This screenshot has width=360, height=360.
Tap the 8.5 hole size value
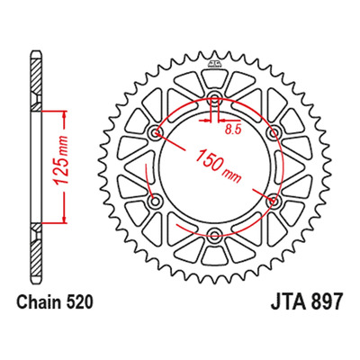point(233,130)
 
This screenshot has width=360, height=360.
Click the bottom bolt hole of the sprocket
point(214,235)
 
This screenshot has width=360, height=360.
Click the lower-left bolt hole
point(156,201)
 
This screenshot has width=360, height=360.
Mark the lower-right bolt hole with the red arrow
point(273,201)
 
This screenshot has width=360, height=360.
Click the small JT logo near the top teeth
point(214,63)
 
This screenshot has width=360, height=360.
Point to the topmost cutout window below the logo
point(214,78)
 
